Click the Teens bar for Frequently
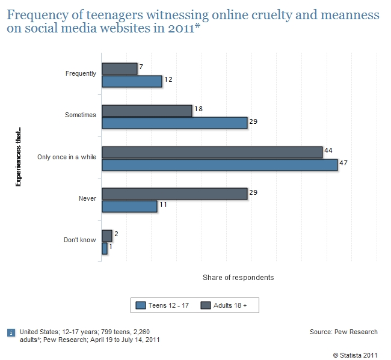(x=132, y=81)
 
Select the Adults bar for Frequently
(x=120, y=69)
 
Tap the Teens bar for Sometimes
(x=174, y=123)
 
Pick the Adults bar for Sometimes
(x=147, y=111)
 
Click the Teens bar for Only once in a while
(x=220, y=165)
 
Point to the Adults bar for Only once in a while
(x=212, y=152)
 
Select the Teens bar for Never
(x=129, y=206)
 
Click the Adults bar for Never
(x=174, y=194)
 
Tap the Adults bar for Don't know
(x=107, y=236)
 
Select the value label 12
(x=169, y=79)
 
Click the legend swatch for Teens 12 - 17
(x=141, y=305)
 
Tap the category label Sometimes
(x=81, y=115)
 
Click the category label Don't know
(x=80, y=240)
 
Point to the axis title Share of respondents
(x=238, y=278)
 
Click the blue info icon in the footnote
(x=10, y=332)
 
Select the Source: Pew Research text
(x=343, y=332)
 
